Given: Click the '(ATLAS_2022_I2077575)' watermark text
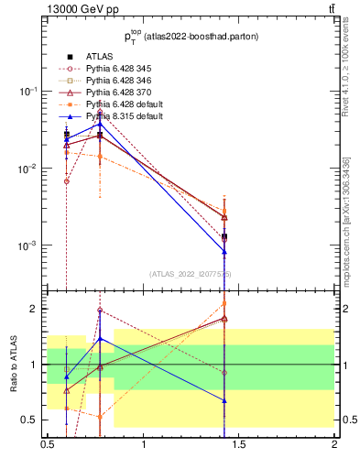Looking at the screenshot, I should pos(191,274).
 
